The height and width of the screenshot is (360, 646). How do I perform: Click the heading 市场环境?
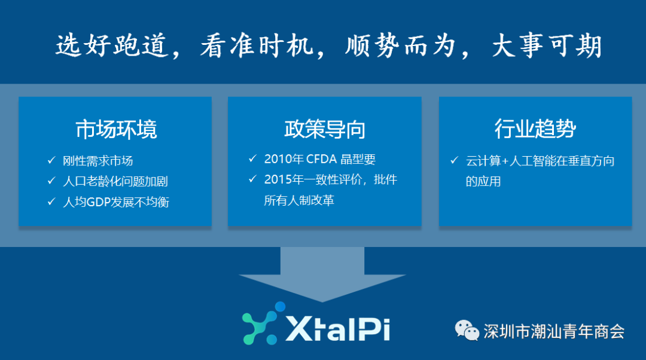116,129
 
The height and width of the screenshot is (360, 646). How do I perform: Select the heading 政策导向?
325,129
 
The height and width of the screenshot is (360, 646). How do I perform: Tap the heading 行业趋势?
535,129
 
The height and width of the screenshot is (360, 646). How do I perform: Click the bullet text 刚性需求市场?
97,161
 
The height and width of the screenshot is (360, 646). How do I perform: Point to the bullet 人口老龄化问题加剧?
115,181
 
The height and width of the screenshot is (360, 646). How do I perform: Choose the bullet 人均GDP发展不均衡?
116,202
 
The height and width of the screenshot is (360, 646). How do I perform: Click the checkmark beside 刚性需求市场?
51,160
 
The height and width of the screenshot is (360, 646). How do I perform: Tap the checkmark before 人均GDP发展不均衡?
51,201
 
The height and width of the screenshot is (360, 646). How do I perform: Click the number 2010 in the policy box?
278,159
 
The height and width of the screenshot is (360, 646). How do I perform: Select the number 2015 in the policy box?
278,179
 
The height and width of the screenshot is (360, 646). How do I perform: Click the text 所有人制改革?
299,200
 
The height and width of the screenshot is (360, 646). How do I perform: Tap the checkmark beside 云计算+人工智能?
455,160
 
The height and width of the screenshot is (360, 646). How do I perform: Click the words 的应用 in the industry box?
483,181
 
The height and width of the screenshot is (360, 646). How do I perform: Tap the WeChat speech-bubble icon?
467,330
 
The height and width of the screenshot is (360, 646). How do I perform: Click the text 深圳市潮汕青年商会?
554,331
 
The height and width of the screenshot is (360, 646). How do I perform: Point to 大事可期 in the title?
547,45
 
